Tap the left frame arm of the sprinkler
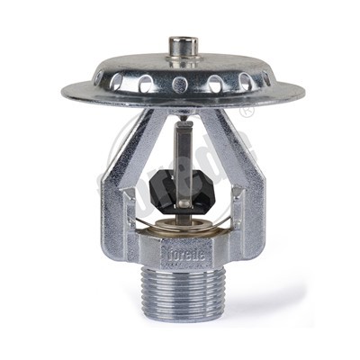pos(121,180)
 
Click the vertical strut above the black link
pos(181,144)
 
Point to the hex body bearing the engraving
pos(180,253)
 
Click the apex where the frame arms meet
pos(181,112)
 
